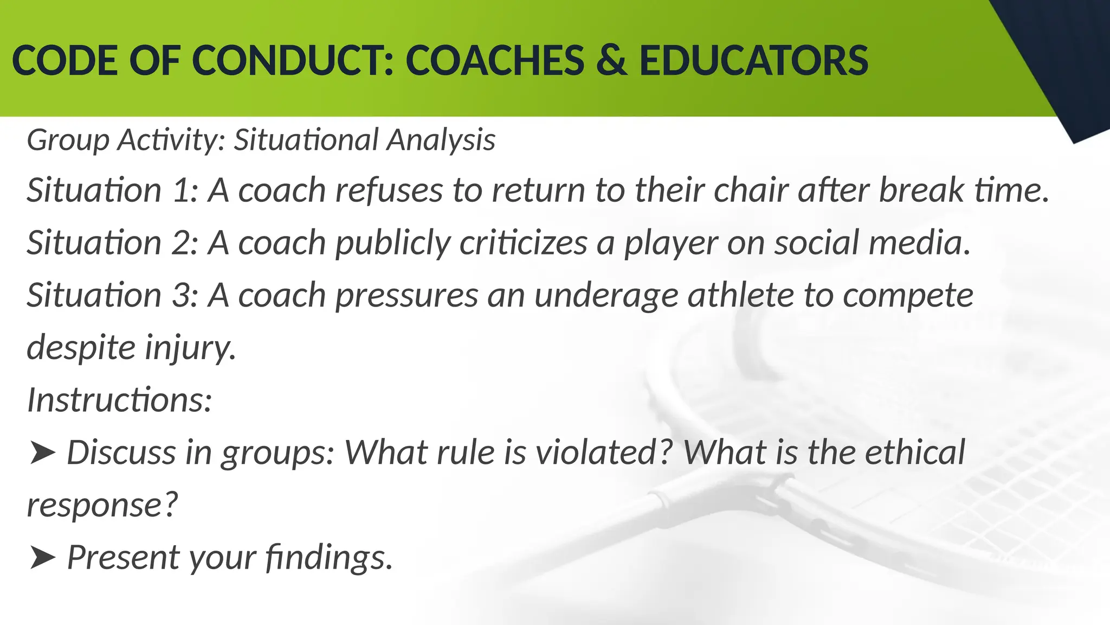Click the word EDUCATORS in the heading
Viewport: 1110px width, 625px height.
click(753, 61)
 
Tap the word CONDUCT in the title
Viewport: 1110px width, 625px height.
click(293, 61)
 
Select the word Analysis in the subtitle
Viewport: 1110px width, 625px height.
click(441, 140)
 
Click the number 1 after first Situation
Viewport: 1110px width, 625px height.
click(182, 191)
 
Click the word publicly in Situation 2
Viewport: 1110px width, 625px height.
click(392, 243)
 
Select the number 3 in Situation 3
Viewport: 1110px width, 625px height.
click(182, 296)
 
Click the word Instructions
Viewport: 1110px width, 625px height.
click(119, 400)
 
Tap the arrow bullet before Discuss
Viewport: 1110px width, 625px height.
click(42, 453)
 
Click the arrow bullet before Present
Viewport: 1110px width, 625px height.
click(42, 558)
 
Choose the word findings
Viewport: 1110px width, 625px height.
click(328, 558)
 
